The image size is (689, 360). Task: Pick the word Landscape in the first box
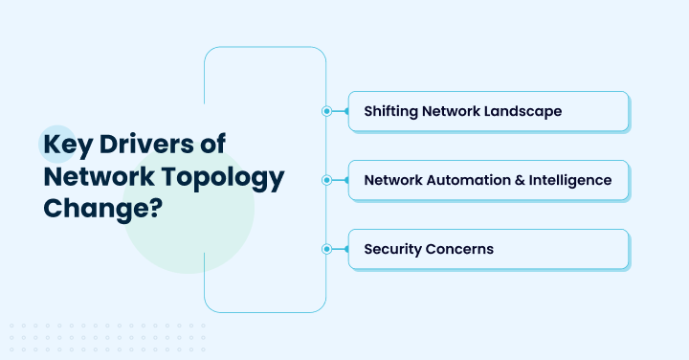(522, 111)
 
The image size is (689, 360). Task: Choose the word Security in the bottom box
(392, 249)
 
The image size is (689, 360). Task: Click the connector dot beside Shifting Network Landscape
(326, 111)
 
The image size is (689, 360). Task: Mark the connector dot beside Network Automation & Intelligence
(326, 180)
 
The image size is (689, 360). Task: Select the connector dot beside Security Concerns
(326, 249)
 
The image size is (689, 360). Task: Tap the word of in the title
(239, 146)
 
